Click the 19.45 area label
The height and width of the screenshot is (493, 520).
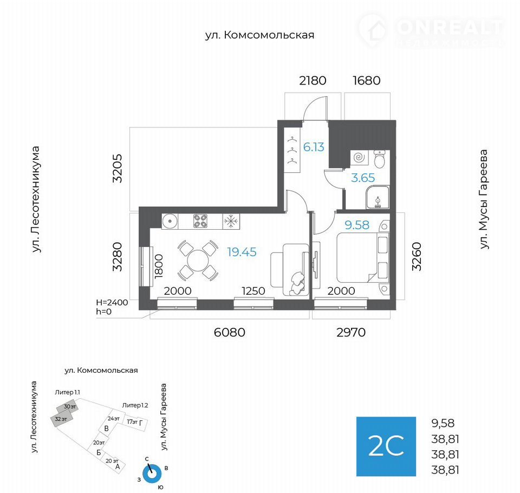pyautogui.click(x=242, y=252)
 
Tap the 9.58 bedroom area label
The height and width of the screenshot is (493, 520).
pyautogui.click(x=357, y=225)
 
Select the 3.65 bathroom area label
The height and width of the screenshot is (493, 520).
pyautogui.click(x=363, y=178)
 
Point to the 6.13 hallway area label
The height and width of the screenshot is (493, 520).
pyautogui.click(x=314, y=147)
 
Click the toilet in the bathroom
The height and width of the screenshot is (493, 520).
pyautogui.click(x=379, y=159)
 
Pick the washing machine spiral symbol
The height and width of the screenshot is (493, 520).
pyautogui.click(x=359, y=157)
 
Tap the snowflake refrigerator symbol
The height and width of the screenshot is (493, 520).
pyautogui.click(x=231, y=221)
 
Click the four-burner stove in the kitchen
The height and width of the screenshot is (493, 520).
pyautogui.click(x=200, y=221)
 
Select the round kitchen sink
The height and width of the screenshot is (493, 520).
pyautogui.click(x=170, y=221)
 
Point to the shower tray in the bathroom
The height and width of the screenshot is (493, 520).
pyautogui.click(x=378, y=197)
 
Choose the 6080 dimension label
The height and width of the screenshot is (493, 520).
pyautogui.click(x=230, y=332)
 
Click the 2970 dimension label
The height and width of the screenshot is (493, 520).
pyautogui.click(x=351, y=332)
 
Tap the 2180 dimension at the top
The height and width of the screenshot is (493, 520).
pyautogui.click(x=313, y=81)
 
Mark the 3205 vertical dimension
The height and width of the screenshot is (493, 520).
pyautogui.click(x=118, y=168)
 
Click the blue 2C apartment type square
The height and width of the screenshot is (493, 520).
pyautogui.click(x=386, y=446)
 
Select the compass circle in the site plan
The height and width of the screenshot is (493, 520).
pyautogui.click(x=152, y=473)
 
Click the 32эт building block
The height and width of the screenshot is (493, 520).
pyautogui.click(x=61, y=420)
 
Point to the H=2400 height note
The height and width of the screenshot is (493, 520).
pyautogui.click(x=112, y=302)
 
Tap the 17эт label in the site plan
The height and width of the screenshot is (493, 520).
pyautogui.click(x=132, y=421)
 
